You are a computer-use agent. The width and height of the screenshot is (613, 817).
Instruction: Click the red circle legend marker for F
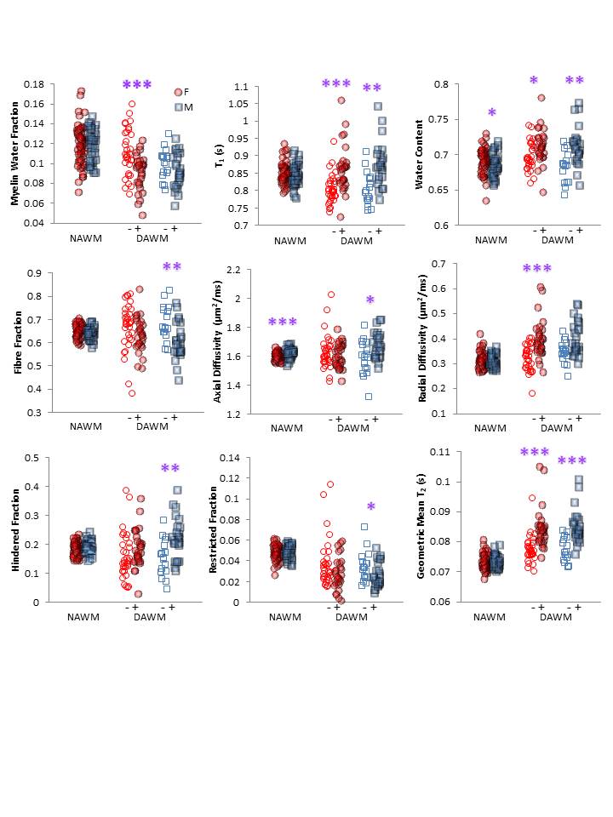point(178,92)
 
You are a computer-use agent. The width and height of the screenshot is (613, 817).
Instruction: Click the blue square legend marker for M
point(178,106)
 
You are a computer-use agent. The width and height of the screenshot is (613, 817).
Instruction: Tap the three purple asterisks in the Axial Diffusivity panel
point(283,323)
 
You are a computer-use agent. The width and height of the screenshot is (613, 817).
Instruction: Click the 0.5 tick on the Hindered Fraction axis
point(32,458)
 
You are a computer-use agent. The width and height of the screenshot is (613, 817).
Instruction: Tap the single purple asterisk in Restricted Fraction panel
point(370,508)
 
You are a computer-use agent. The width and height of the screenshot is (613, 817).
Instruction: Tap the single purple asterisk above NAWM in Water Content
point(491,113)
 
